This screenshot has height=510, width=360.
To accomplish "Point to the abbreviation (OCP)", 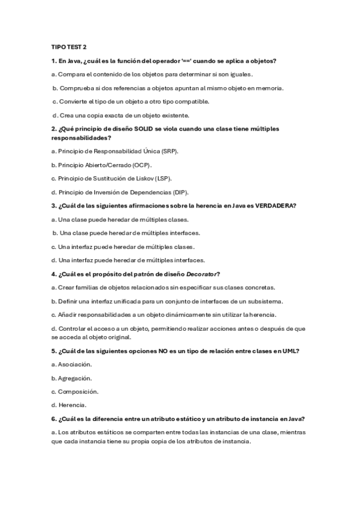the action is [142, 165].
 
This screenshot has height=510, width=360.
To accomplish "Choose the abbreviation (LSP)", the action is [163, 179].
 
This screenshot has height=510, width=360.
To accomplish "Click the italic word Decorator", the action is [203, 274].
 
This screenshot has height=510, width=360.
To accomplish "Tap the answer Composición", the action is [78, 392].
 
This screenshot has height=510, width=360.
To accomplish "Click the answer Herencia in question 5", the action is [72, 405].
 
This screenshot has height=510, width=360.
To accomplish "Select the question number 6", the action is [53, 419].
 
